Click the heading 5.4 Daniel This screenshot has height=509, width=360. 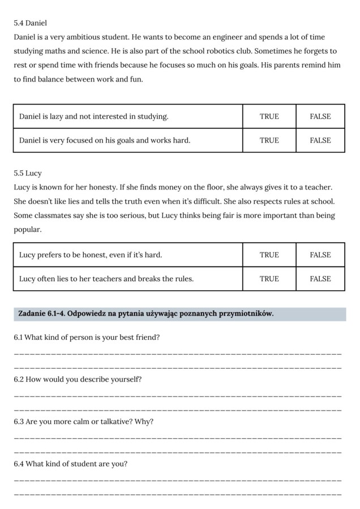[30, 23]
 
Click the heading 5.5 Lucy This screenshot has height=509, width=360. [28, 173]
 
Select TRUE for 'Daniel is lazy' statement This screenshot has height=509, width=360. [269, 117]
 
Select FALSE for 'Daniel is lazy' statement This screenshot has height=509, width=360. [320, 117]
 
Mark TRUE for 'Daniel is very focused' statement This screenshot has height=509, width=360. [269, 140]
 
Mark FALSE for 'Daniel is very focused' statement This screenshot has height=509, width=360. [320, 140]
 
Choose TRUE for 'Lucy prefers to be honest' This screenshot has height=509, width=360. [269, 255]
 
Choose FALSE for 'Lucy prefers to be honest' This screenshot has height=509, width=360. [320, 255]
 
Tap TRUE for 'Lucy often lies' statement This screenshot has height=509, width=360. [269, 279]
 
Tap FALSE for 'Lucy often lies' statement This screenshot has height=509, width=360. [320, 279]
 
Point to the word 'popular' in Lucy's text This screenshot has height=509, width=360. [27, 230]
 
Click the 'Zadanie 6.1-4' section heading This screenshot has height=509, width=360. [146, 313]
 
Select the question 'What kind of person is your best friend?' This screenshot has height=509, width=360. [87, 338]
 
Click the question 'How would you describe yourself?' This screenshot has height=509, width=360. [78, 379]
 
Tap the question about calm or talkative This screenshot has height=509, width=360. [83, 422]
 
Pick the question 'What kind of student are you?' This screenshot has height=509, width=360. [71, 464]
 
